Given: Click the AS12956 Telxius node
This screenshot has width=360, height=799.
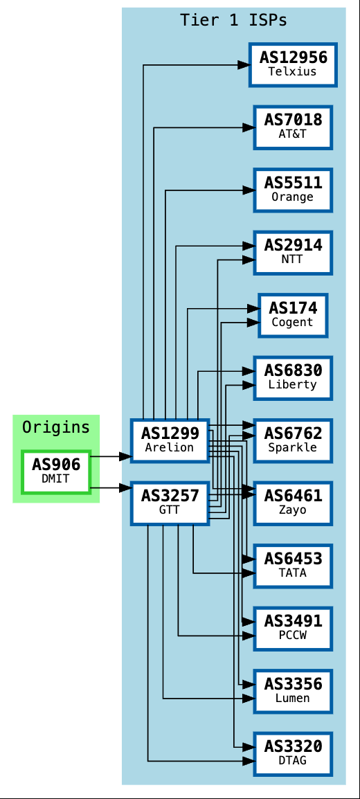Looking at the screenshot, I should point(293,64).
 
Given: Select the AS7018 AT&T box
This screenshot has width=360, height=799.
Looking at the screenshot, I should point(293,127).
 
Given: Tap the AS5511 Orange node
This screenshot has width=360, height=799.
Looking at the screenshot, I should point(293,190).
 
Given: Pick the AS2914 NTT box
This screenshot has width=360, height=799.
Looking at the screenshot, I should point(293,252).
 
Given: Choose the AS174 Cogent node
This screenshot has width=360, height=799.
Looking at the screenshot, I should point(293,315).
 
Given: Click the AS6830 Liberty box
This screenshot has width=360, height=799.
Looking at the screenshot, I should point(293,377).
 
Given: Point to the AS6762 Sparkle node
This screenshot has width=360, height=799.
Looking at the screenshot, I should point(293,440).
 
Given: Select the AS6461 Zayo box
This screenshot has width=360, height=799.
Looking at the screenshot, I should point(293,503).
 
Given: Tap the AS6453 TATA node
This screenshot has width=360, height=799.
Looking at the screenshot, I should point(293,566).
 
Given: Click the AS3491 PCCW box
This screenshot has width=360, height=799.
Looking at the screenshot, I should point(293,629).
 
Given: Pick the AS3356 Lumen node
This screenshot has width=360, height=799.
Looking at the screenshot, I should point(293,691).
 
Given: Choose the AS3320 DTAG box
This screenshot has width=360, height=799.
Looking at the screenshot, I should point(293,754).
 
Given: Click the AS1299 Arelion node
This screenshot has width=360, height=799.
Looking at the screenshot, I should point(170,440).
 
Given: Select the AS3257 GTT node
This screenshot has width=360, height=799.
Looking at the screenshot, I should point(170,503).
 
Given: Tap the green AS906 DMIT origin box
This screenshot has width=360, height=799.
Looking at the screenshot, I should point(56,472).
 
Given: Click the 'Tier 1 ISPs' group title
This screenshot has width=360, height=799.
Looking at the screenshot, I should point(233,20).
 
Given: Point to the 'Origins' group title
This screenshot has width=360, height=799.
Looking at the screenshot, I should point(56,427).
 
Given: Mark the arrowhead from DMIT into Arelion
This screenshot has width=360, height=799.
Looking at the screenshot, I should point(125,456).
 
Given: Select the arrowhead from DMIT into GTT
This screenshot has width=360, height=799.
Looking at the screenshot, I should point(125,488).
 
